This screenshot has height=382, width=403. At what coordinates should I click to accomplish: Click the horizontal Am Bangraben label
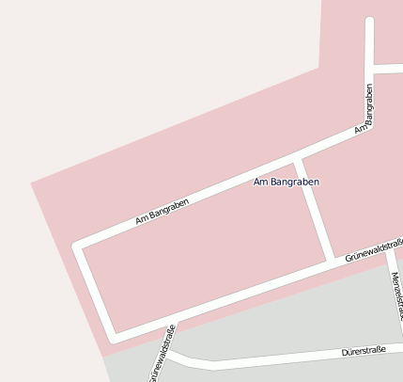click(287, 181)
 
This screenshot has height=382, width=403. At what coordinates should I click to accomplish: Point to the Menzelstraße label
click(396, 296)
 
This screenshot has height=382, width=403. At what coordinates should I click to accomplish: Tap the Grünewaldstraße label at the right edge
click(373, 250)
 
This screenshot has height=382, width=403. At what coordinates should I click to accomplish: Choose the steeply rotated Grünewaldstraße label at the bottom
click(161, 355)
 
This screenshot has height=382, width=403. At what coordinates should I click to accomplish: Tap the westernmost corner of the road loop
click(78, 246)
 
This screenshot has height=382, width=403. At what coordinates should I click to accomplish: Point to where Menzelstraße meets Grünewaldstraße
click(387, 243)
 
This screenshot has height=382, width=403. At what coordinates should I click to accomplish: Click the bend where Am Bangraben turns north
click(369, 124)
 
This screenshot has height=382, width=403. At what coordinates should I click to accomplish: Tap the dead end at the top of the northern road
click(369, 21)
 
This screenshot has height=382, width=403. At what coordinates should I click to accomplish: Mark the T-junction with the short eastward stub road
click(369, 70)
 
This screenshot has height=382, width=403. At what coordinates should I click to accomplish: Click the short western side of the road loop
click(95, 291)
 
